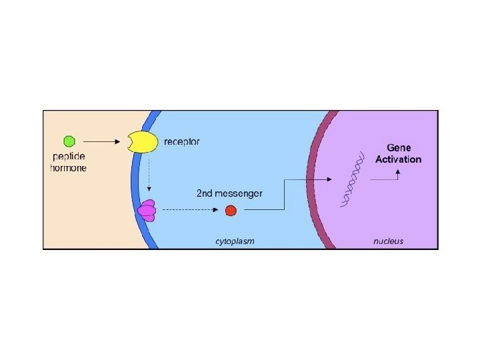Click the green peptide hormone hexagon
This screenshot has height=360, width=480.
[x=69, y=141]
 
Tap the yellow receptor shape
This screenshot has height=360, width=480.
[x=142, y=142]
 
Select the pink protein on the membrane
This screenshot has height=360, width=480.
[x=147, y=211]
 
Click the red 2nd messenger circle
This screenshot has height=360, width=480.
[x=231, y=211]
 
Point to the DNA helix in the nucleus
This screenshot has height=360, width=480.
[x=353, y=178]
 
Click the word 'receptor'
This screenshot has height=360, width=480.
[x=182, y=141]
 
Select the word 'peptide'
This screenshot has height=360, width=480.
[x=69, y=157]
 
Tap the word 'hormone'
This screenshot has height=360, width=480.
[x=69, y=168]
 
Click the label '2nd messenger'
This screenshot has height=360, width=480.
[x=229, y=193]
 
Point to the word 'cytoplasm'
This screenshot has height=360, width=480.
[x=235, y=241]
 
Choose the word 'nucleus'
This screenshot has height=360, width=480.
[x=388, y=241]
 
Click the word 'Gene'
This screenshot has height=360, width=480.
[x=399, y=147]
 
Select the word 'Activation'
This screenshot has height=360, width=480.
[x=399, y=159]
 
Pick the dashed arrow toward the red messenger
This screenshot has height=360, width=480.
[x=191, y=211]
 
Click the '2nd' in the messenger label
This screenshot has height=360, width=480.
[x=204, y=193]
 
